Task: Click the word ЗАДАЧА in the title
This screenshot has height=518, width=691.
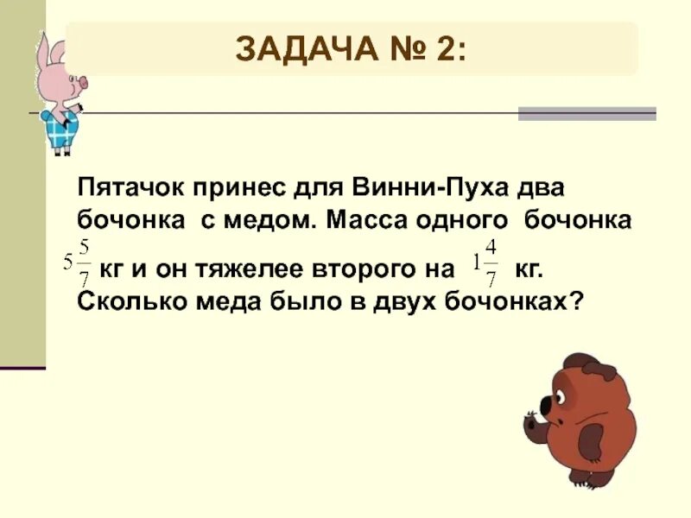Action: (299, 49)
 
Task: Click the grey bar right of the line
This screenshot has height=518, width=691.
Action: (586, 113)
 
